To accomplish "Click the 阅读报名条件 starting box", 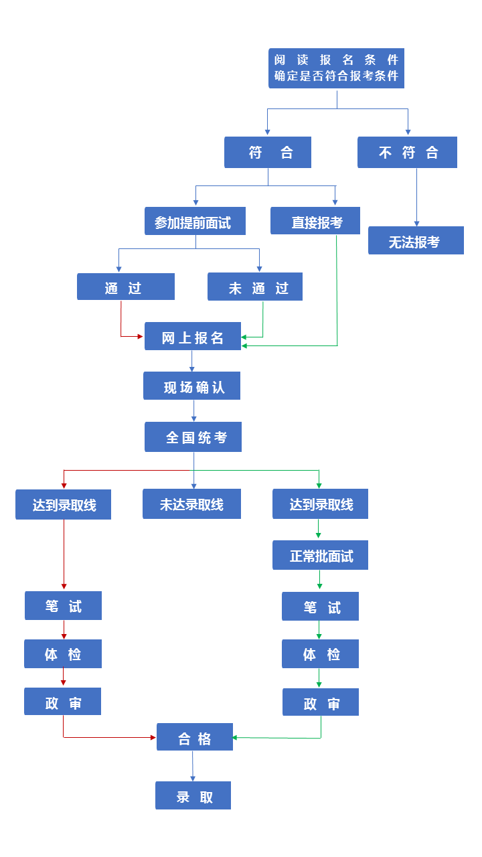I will coord(336,68).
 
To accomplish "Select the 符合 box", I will coord(268,153).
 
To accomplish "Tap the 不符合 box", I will coord(407,153).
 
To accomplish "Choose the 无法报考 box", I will coord(416,240).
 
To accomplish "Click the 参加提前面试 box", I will coord(195,222).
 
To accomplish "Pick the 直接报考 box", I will coord(315,221).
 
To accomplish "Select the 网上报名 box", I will coord(193,336).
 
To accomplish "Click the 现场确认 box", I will coord(191,386).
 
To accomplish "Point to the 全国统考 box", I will coord(193,437).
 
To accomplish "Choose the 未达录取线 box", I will coord(191,504).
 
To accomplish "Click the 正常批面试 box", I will coord(320,555).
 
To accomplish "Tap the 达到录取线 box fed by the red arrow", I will coord(63,504).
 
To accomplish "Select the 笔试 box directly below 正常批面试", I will coord(320,607).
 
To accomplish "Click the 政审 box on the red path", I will coord(63,702).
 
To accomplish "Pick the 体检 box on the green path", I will coord(320,654).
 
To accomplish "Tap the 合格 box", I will coord(195,737).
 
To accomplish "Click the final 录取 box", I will coord(193,795).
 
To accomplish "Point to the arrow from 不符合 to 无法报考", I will coord(416,197).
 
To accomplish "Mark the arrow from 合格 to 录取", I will coord(193,766).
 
